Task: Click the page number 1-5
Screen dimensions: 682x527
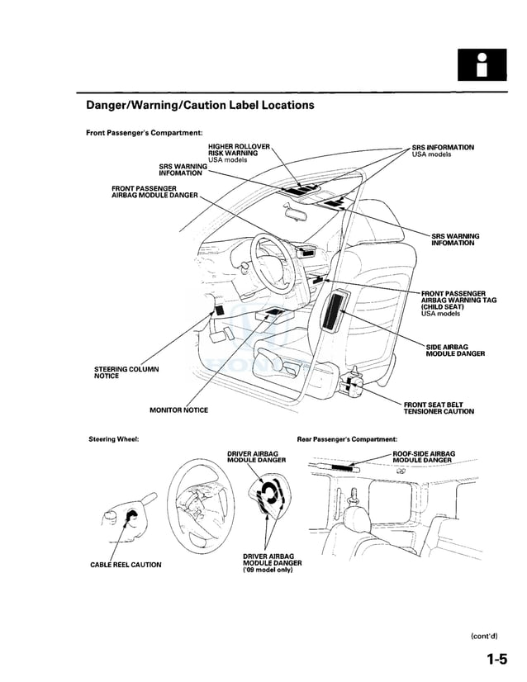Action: (496, 659)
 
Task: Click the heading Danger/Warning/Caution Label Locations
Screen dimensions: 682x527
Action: (200, 106)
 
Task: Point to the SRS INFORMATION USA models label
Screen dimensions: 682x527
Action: (443, 150)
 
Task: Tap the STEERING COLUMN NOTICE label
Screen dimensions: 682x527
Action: (127, 372)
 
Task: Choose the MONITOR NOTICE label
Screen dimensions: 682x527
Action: (178, 410)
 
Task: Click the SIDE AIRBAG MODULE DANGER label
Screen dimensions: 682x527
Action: (455, 350)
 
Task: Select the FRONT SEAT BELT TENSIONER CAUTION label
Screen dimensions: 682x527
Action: (439, 407)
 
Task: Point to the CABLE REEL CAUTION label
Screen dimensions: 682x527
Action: (126, 565)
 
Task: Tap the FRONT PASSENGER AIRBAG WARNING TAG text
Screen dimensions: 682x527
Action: (458, 300)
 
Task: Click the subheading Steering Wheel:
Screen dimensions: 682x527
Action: (113, 438)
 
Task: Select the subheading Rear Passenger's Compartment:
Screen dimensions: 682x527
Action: (347, 438)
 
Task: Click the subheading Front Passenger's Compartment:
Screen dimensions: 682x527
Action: (145, 133)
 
